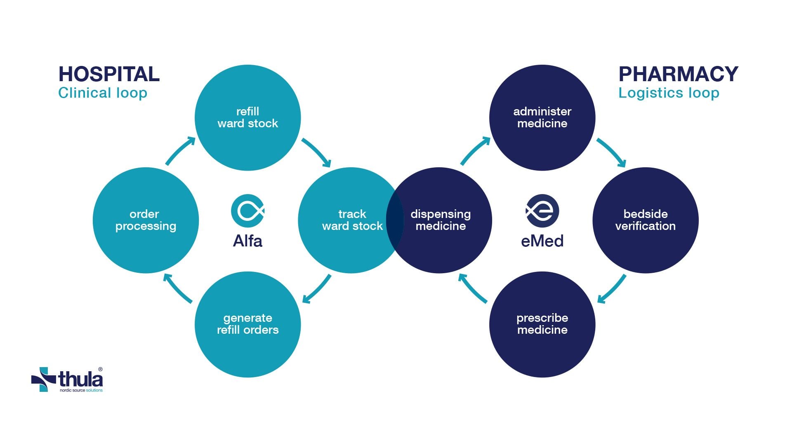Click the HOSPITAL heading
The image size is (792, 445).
109,75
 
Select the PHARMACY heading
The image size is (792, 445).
678,75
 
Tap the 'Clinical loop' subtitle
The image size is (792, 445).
103,93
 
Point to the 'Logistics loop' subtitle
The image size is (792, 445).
669,93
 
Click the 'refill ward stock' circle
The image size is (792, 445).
247,117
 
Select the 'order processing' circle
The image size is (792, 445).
146,220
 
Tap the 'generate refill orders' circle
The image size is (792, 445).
247,324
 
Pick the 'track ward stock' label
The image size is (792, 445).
352,220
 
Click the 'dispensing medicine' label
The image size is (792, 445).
441,220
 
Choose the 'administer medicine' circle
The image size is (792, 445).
542,117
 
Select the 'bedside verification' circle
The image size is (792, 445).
645,220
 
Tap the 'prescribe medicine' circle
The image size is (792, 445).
542,324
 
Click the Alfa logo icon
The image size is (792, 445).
247,211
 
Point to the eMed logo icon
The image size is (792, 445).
542,211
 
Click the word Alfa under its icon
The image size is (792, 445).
247,241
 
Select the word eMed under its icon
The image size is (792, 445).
542,241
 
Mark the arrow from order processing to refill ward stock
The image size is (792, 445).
180,151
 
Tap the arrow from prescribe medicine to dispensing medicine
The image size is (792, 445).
473,288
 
